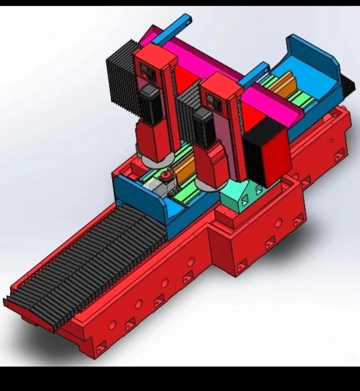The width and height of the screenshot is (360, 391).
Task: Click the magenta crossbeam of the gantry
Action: tap(201, 62)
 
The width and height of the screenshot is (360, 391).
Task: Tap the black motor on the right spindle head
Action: tap(203, 126)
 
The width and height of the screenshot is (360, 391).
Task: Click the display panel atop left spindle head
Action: tap(148, 72)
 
